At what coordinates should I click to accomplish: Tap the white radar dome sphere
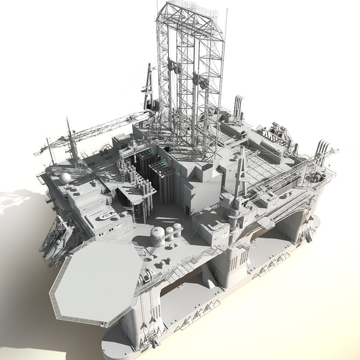pyautogui.click(x=65, y=178)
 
